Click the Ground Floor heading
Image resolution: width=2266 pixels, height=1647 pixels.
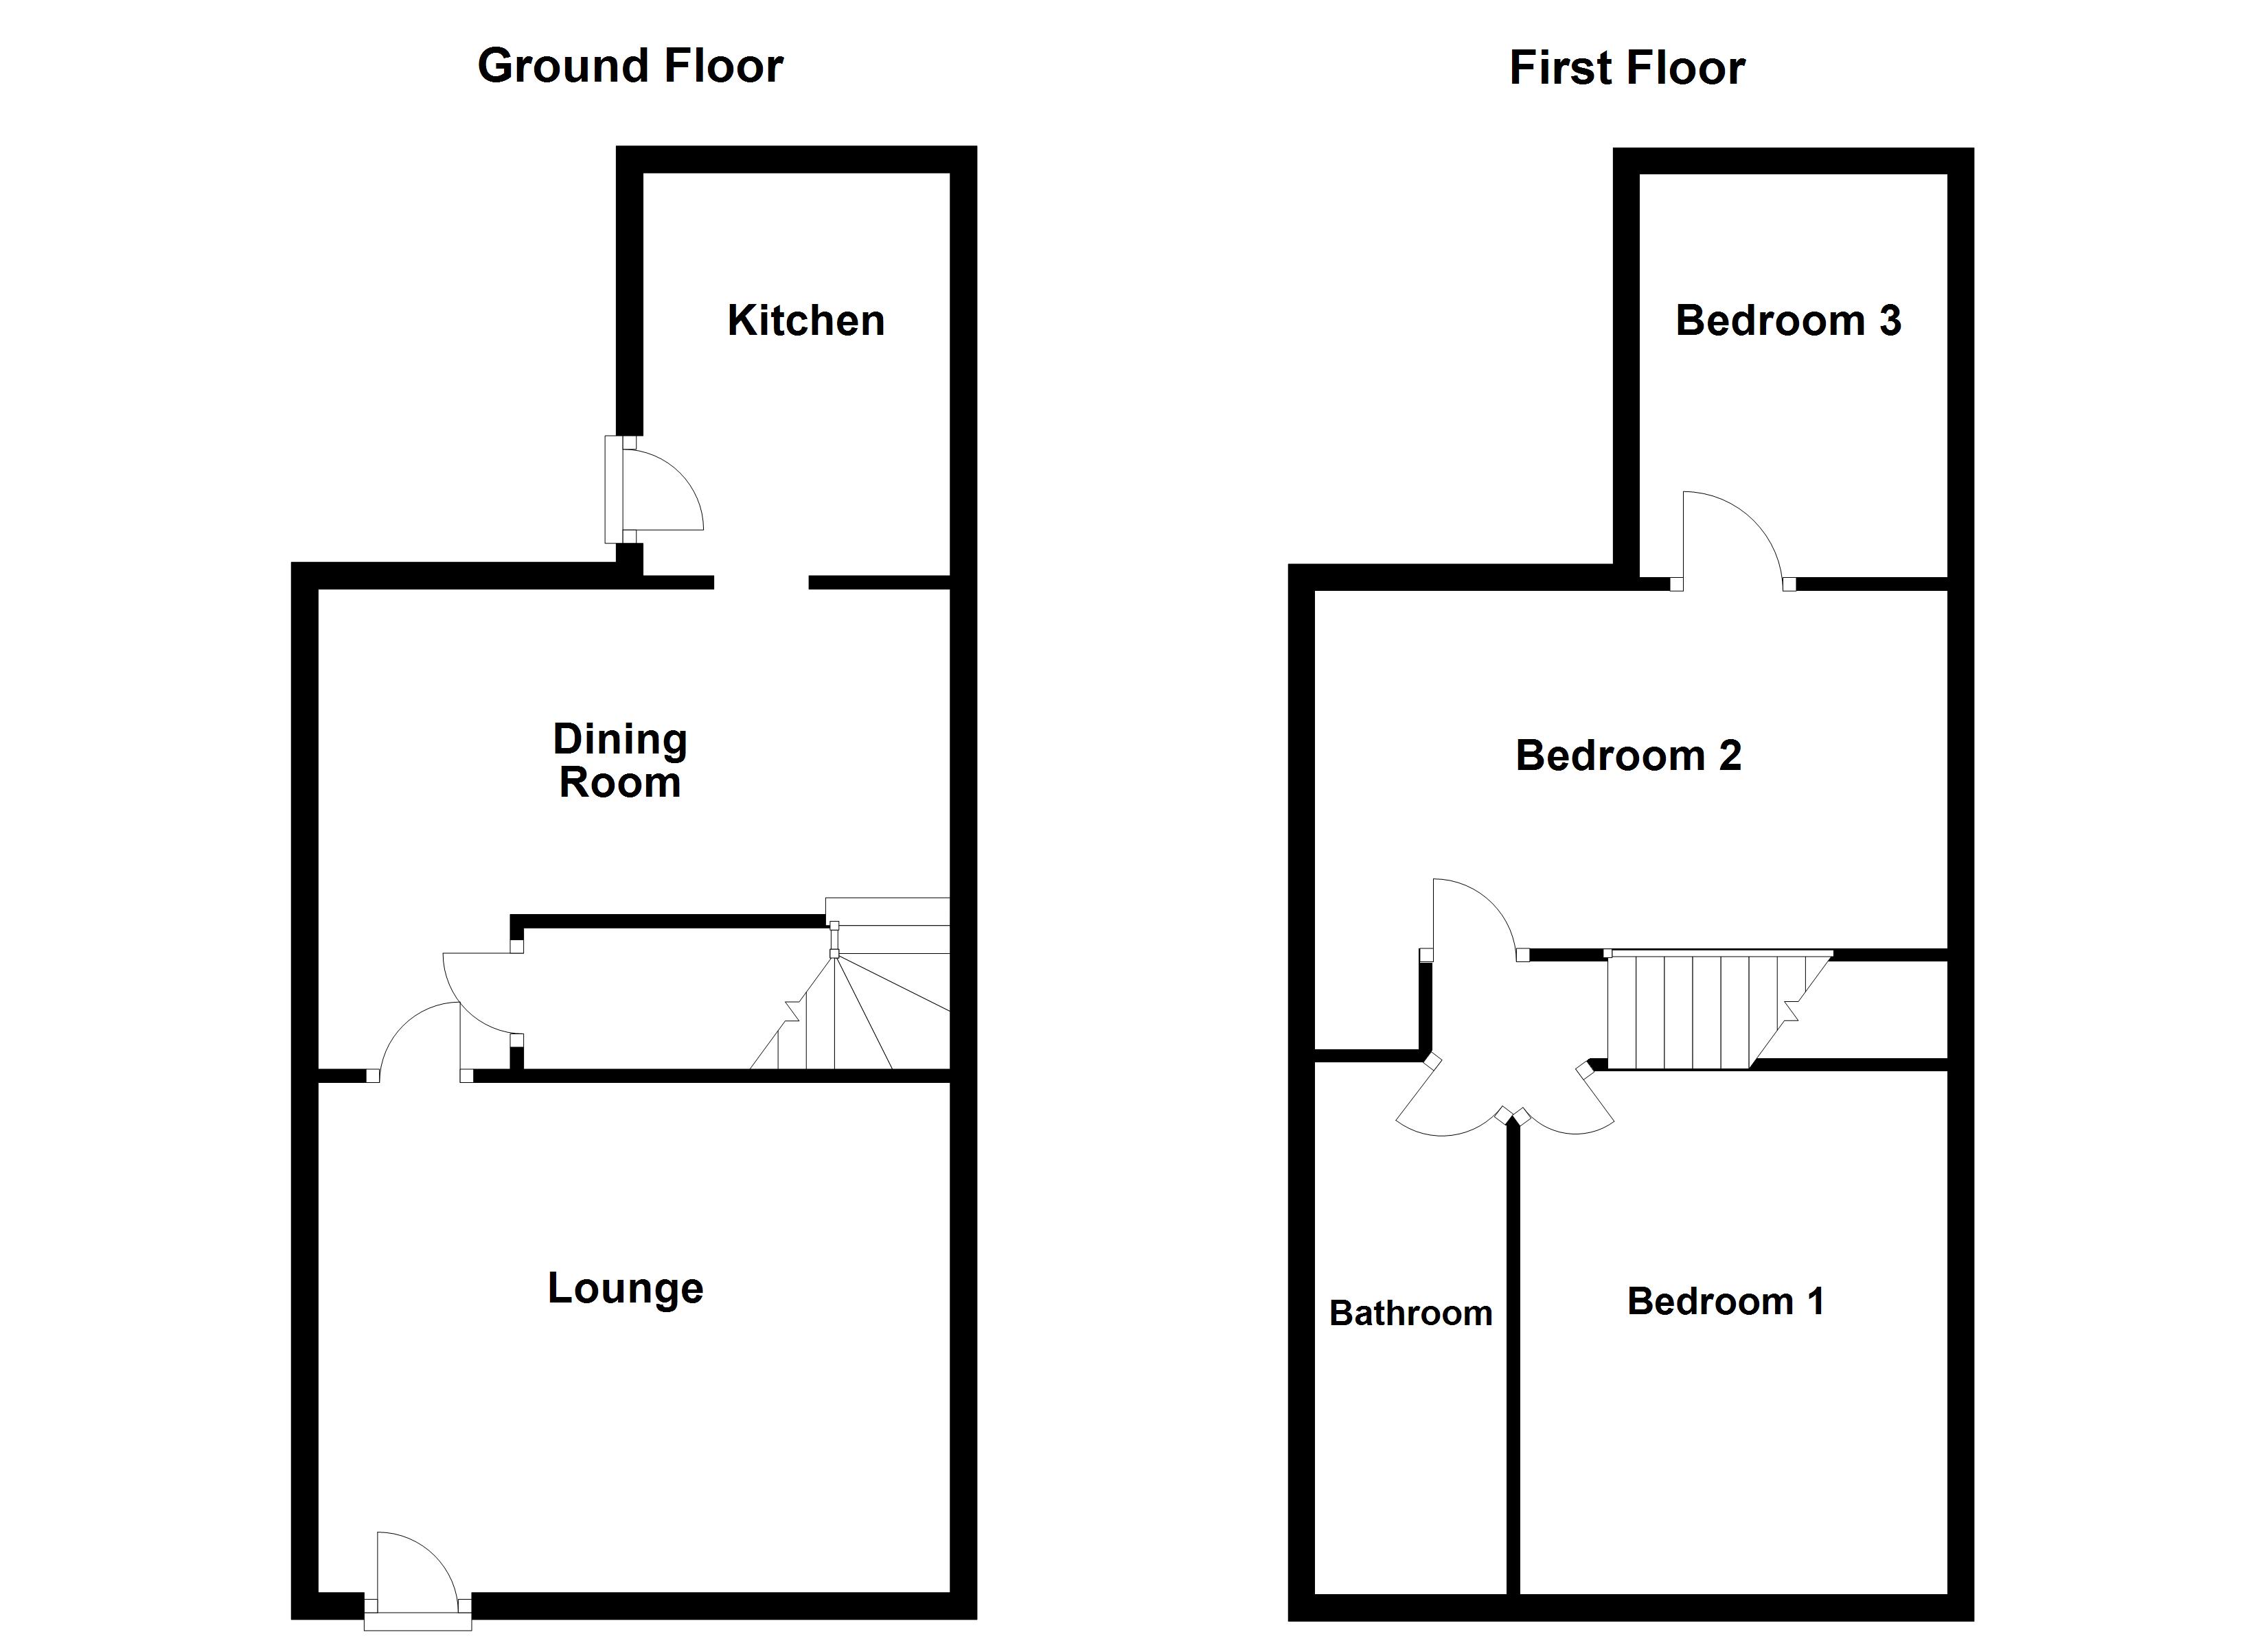coord(630,66)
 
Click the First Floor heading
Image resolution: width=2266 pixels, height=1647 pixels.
coord(1627,68)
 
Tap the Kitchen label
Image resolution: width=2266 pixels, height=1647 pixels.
coord(805,320)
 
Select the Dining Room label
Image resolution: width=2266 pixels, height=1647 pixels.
coord(619,760)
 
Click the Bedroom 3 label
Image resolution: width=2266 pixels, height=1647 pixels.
coord(1787,320)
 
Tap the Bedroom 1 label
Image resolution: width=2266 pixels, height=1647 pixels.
coord(1726,1300)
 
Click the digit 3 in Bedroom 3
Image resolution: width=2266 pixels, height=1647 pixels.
coord(1889,320)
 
